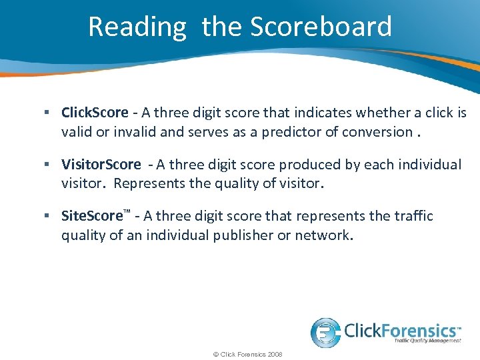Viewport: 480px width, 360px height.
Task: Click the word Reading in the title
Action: tap(137, 27)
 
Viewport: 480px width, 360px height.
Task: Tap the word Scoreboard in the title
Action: tap(321, 27)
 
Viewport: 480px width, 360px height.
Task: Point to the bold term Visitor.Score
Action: tap(101, 165)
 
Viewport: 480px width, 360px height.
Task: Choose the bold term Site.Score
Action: tap(92, 217)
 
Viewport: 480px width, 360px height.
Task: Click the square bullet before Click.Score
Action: tap(50, 113)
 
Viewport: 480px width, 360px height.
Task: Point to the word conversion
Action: tap(377, 131)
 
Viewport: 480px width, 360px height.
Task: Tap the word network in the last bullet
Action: tap(323, 235)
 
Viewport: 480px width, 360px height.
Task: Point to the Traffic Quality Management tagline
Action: tap(427, 341)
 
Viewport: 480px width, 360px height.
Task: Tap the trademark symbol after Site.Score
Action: tap(127, 213)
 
